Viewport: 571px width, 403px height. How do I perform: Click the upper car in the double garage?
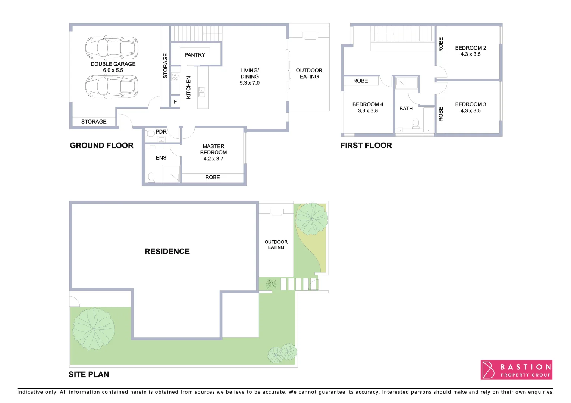112,48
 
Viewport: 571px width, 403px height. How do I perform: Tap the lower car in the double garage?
112,86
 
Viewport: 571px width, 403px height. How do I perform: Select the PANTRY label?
195,55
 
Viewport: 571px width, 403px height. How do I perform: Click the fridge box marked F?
175,101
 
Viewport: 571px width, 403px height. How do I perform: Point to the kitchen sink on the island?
202,91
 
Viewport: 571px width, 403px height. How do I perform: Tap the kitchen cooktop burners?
175,77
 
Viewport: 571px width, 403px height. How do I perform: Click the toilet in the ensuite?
151,177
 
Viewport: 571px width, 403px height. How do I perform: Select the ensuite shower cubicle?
171,174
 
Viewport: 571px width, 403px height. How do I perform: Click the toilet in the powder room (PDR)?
150,133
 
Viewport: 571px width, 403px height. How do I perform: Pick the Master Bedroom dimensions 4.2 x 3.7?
213,159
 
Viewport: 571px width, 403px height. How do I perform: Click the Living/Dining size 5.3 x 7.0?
250,83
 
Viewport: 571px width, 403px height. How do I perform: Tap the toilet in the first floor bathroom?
416,123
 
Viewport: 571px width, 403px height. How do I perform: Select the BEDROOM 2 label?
470,48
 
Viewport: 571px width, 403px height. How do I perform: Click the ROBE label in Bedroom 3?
441,114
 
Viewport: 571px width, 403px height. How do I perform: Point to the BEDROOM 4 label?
368,104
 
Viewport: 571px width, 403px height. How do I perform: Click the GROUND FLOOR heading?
101,146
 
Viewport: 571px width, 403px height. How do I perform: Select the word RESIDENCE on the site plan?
167,252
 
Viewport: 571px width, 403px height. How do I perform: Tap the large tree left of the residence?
94,329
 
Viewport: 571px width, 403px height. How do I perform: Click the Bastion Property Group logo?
516,370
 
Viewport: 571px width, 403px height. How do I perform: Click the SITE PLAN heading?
89,375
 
